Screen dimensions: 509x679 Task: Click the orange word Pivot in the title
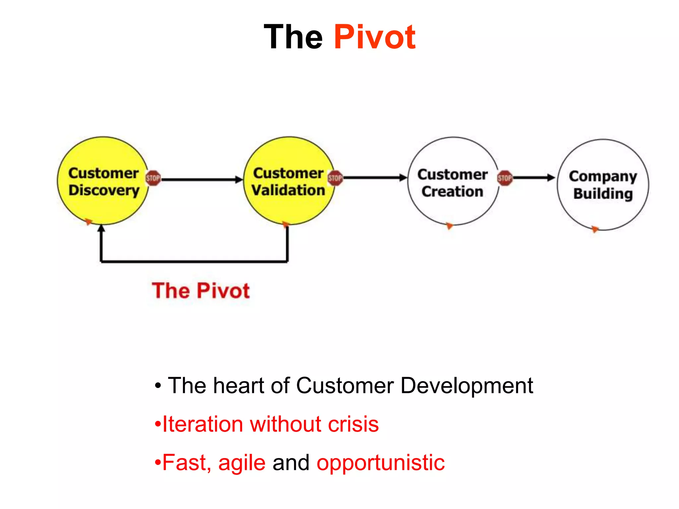click(x=374, y=37)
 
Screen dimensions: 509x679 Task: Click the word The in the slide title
click(x=293, y=37)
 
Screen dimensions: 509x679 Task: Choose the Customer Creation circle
click(x=453, y=205)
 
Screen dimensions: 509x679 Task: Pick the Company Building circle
click(x=603, y=209)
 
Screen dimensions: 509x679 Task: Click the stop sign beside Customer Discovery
click(x=153, y=178)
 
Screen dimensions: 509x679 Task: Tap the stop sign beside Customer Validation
click(x=335, y=178)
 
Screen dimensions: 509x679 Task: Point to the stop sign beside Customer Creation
click(x=505, y=178)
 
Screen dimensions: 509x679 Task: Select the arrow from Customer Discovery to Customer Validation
click(x=201, y=180)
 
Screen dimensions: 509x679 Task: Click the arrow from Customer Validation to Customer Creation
click(x=375, y=178)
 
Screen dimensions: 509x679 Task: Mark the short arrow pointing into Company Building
click(x=534, y=178)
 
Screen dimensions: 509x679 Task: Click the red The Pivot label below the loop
click(x=201, y=291)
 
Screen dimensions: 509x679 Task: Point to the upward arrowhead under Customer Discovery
click(x=101, y=229)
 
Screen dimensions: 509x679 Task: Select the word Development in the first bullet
click(x=467, y=386)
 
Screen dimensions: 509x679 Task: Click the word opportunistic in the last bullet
click(x=380, y=463)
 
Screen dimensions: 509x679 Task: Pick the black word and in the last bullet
click(x=291, y=463)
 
